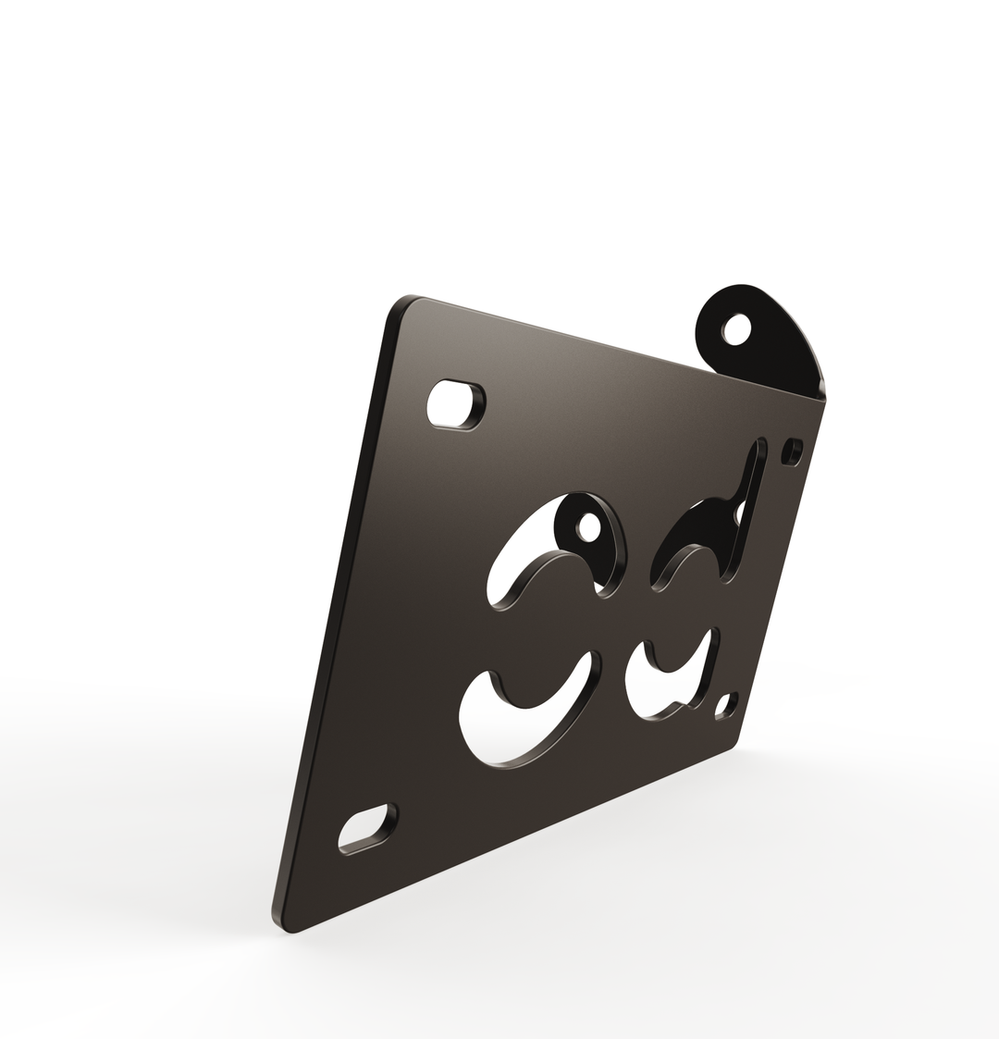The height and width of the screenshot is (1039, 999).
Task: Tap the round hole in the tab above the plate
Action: (736, 329)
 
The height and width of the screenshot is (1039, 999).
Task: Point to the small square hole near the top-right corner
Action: (791, 451)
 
